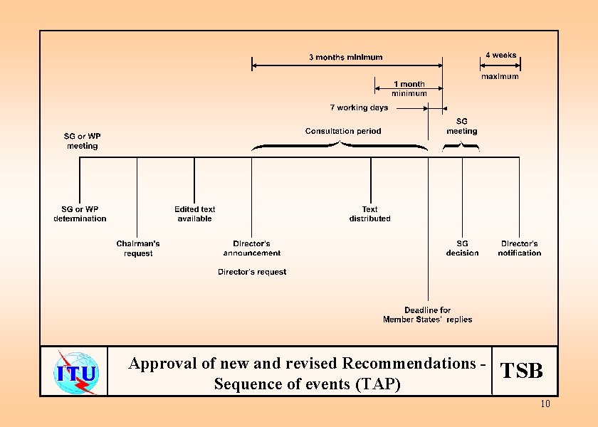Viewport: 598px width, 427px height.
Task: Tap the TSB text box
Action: coord(522,371)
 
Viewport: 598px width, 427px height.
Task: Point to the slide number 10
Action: coord(545,404)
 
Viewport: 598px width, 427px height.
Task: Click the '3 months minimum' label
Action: coord(345,58)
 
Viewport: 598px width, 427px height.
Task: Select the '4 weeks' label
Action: coord(500,56)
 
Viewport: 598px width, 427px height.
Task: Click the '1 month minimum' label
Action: coord(409,89)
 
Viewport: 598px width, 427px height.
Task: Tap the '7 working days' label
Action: coord(359,108)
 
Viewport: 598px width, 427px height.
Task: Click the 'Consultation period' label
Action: coord(343,131)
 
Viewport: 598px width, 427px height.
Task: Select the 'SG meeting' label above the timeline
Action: coord(462,127)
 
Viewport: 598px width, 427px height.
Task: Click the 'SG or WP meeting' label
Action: coord(83,141)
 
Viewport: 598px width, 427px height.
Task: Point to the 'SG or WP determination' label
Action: coord(80,214)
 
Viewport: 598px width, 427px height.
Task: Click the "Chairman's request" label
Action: coord(138,248)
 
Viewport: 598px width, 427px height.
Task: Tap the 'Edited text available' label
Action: coord(194,214)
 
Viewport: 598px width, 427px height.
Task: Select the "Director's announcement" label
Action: coord(252,248)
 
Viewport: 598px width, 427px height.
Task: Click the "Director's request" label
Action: coord(252,272)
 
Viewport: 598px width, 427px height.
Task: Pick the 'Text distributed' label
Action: coord(369,214)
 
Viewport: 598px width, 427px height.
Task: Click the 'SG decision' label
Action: coord(462,248)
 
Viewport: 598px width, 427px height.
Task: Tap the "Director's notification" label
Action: coord(519,248)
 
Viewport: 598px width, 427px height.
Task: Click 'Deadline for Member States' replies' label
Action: coord(427,315)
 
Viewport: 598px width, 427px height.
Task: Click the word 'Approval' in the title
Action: coord(162,364)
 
